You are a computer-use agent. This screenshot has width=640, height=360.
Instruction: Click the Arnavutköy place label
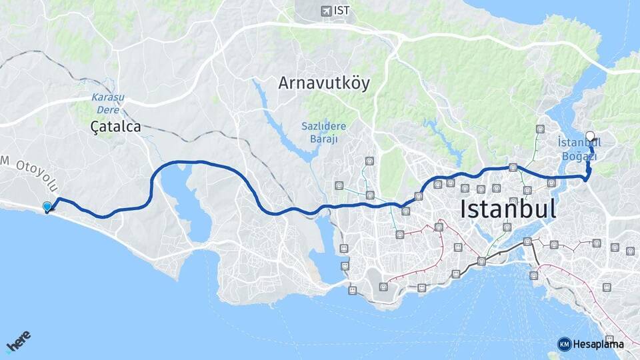click(324, 83)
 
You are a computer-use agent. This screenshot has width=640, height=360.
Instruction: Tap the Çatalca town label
click(116, 127)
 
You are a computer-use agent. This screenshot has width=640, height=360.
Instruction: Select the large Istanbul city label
click(508, 209)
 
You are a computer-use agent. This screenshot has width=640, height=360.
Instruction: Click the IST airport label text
click(342, 10)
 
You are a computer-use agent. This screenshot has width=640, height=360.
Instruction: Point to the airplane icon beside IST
click(325, 10)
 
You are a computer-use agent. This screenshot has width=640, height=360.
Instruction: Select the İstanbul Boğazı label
click(578, 149)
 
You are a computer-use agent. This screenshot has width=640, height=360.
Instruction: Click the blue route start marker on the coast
click(47, 207)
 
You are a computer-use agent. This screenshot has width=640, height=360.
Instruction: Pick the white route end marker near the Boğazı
click(590, 137)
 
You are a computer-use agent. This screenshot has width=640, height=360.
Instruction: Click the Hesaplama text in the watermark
click(599, 344)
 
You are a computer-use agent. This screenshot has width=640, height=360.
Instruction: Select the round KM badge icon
click(564, 344)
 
